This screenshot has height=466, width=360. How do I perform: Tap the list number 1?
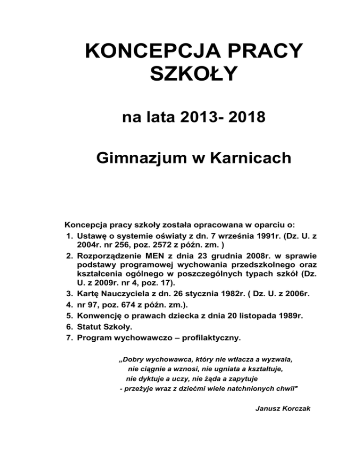point(69,237)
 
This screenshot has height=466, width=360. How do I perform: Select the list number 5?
point(69,316)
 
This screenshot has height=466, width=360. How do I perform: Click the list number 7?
point(69,337)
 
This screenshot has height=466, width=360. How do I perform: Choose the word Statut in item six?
point(90,326)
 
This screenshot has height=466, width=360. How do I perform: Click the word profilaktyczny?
point(214,337)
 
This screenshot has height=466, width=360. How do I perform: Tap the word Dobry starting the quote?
point(133,359)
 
